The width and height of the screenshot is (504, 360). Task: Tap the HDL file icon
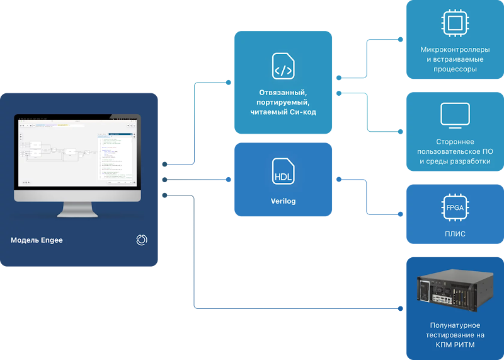(283, 171)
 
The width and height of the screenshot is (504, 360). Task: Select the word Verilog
(283, 202)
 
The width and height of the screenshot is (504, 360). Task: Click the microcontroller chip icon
(455, 24)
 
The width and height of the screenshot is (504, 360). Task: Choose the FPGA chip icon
(455, 208)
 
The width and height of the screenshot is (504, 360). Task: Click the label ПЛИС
(455, 234)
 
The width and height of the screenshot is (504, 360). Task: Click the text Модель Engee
(37, 240)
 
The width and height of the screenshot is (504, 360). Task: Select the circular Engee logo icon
(142, 240)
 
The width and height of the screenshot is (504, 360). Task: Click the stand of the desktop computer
(79, 209)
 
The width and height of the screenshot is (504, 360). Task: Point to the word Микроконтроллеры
(455, 49)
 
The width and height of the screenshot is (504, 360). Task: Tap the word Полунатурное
(455, 325)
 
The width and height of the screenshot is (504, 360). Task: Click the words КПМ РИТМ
(455, 345)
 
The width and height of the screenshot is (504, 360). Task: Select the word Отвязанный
(283, 92)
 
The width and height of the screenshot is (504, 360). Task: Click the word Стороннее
(455, 142)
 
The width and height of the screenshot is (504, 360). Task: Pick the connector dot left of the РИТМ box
(400, 308)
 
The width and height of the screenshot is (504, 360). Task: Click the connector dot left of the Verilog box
(228, 180)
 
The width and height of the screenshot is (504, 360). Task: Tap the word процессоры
(455, 69)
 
